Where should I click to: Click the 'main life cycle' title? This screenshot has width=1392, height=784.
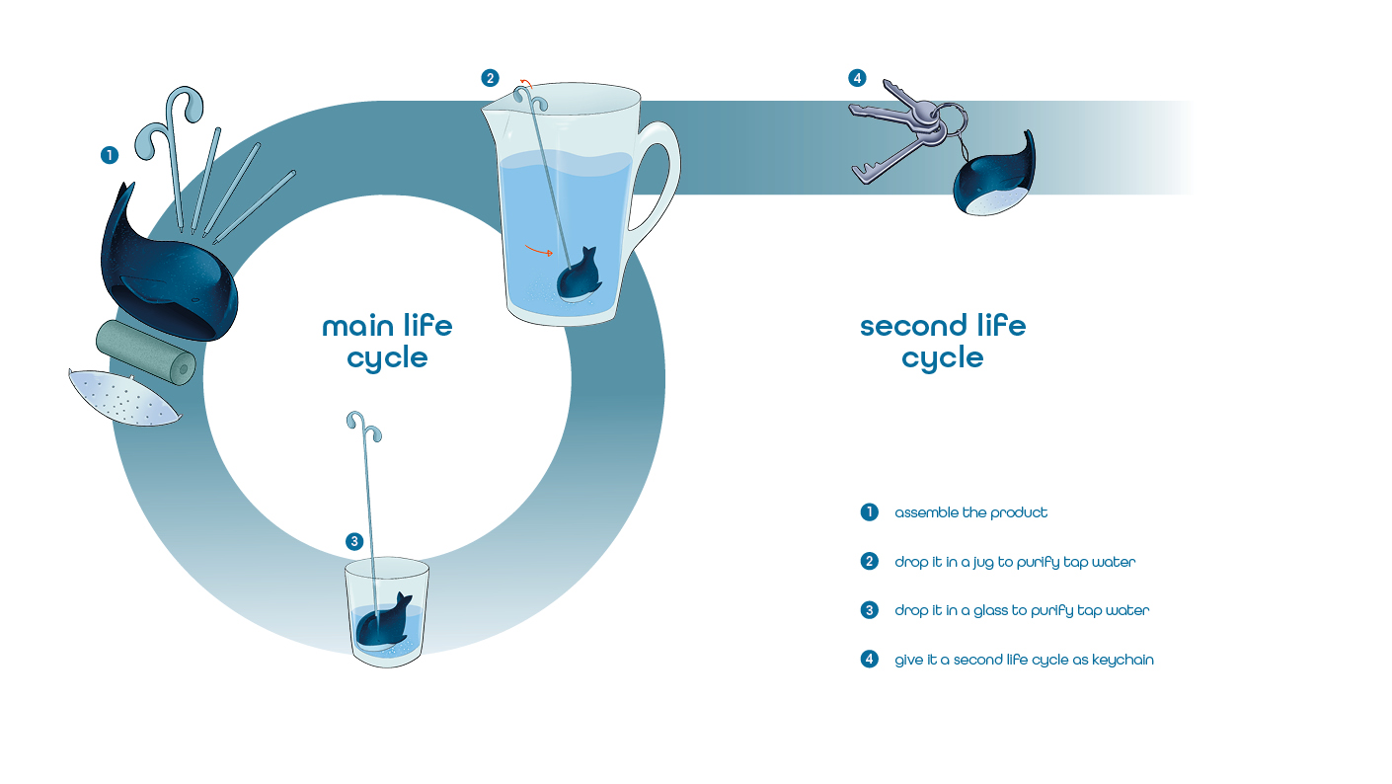click(x=387, y=342)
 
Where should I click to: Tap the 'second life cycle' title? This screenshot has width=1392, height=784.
click(x=943, y=342)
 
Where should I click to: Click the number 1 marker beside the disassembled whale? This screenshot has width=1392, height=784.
click(x=110, y=155)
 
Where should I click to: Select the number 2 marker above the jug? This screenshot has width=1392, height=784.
click(x=490, y=78)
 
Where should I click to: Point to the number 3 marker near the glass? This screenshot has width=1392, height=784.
click(x=355, y=541)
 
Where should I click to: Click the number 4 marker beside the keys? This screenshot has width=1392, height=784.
click(x=857, y=78)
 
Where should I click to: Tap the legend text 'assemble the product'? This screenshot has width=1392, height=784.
click(x=970, y=512)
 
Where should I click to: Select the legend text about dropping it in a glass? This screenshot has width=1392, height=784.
click(x=1022, y=610)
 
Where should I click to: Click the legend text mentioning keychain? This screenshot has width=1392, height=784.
click(x=1024, y=660)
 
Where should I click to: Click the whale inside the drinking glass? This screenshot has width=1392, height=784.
click(x=383, y=622)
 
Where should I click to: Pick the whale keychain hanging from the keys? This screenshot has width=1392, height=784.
click(x=994, y=178)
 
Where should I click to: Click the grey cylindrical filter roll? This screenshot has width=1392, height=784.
click(x=146, y=353)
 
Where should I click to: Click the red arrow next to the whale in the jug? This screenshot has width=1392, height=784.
click(x=538, y=251)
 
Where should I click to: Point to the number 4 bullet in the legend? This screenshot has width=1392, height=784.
click(x=869, y=660)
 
